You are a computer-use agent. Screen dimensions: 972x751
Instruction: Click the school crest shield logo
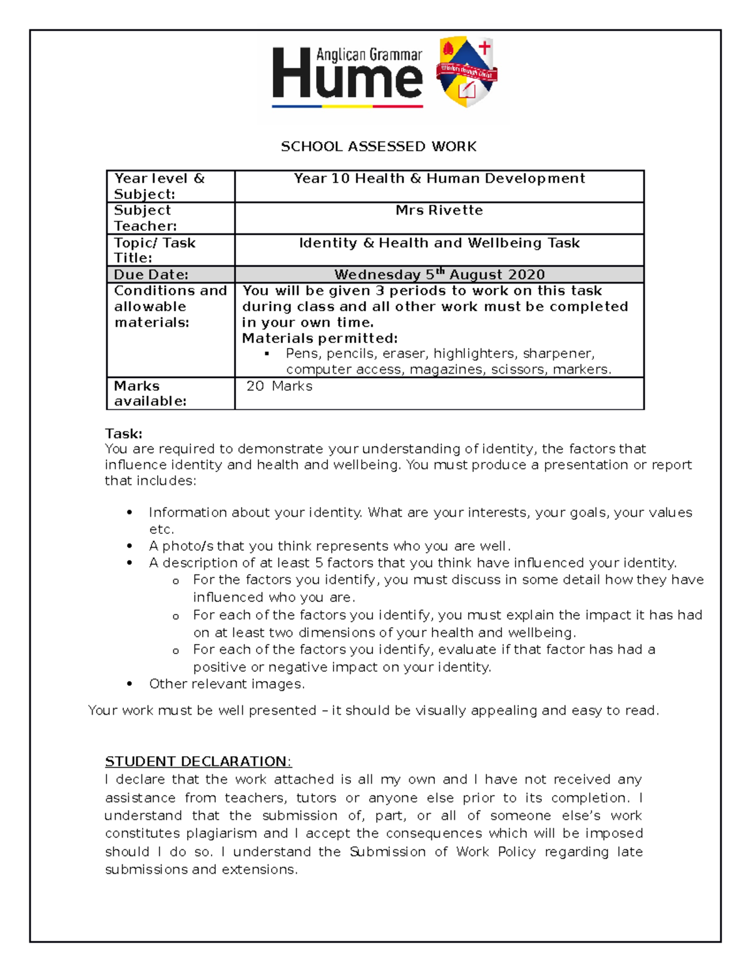(x=467, y=72)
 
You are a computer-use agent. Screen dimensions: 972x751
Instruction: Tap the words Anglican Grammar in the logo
(x=369, y=55)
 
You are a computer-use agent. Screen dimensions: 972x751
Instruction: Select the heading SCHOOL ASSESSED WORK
(x=379, y=146)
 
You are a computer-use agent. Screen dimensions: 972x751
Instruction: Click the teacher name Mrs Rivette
(x=439, y=211)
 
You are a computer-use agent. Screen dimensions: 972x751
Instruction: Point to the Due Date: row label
(x=151, y=275)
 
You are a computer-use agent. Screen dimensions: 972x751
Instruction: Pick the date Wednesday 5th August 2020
(x=439, y=275)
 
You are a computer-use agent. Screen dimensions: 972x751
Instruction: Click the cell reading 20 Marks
(x=279, y=386)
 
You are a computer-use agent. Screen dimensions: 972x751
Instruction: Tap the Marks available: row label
(x=150, y=394)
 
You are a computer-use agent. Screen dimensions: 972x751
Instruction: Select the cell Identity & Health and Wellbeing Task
(x=439, y=243)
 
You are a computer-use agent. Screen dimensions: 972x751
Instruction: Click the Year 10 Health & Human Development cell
(x=439, y=178)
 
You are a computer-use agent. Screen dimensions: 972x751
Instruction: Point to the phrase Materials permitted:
(x=320, y=339)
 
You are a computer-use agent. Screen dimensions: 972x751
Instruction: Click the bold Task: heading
(x=124, y=434)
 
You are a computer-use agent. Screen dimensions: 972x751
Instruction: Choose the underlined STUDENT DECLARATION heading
(x=198, y=762)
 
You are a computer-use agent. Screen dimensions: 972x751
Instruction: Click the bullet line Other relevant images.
(x=227, y=684)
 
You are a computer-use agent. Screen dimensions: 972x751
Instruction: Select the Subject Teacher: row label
(x=145, y=218)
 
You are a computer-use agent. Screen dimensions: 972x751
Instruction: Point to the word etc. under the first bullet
(x=161, y=529)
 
